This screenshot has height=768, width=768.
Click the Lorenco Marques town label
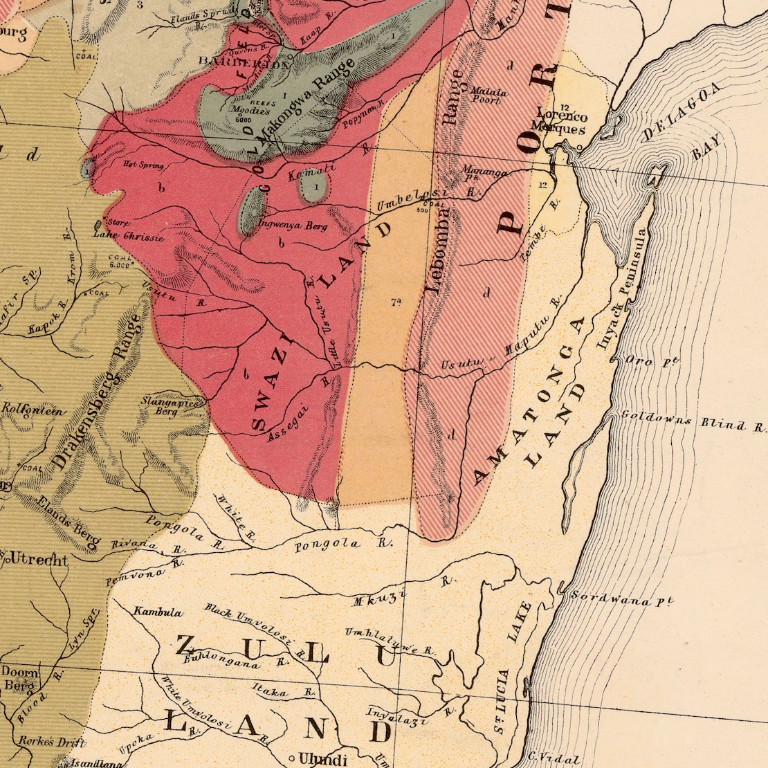click(x=561, y=122)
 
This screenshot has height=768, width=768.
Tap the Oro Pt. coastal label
click(x=651, y=360)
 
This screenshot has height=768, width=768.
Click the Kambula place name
click(x=158, y=612)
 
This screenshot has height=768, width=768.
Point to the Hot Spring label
click(x=143, y=165)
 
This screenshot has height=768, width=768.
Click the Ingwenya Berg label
click(x=292, y=225)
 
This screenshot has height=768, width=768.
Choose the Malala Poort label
click(x=488, y=95)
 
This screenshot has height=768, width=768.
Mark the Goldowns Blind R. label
click(x=692, y=421)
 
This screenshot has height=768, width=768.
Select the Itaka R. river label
click(x=284, y=690)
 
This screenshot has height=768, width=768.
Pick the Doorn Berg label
click(x=19, y=677)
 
